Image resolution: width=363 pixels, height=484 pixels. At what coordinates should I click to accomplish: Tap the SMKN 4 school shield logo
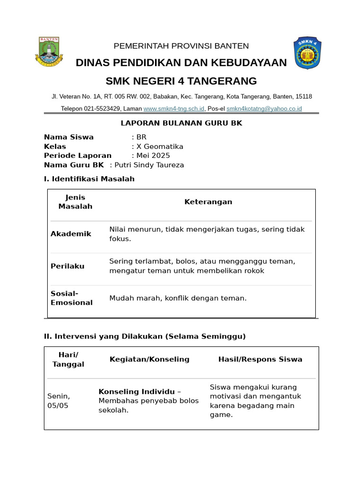pos(308,52)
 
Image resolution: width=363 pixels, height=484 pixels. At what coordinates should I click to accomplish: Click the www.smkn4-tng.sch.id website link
pos(174,109)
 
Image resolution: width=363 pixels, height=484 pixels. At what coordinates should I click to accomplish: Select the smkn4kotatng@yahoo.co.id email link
pos(264,109)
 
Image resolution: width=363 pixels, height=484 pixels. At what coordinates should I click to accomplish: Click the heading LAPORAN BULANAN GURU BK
pos(181,123)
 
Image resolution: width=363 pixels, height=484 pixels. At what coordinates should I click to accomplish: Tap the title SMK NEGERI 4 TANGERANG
pos(181,81)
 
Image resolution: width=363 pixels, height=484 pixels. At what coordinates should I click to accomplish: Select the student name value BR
pos(141,137)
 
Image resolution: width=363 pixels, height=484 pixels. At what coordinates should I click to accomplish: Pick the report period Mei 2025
pos(153,156)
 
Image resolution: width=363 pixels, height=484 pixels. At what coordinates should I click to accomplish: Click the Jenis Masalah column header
pos(75,202)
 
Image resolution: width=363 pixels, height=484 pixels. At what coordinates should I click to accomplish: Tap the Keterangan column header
pos(208,202)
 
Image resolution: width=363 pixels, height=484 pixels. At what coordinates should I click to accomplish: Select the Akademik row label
pos(71,234)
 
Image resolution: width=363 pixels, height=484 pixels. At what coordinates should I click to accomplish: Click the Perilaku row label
pos(68,266)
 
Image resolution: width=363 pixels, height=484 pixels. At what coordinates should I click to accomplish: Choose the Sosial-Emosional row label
pos(71,298)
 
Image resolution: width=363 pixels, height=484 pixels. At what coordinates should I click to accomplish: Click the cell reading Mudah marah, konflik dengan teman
pos(178,298)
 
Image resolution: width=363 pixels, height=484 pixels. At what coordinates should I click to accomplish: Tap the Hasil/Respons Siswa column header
pos(260,359)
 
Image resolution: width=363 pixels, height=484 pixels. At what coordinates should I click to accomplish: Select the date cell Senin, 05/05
pos(59,401)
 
